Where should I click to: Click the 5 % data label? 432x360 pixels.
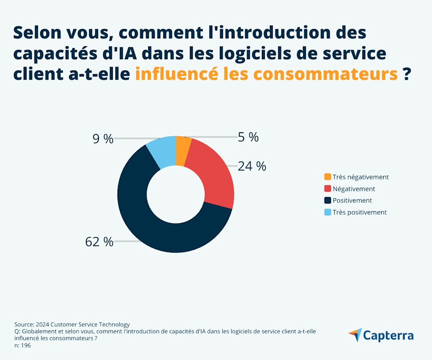(248, 137)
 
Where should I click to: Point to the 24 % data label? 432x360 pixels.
(252, 166)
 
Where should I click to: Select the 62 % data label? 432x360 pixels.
(99, 242)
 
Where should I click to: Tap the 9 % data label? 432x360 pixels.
(103, 139)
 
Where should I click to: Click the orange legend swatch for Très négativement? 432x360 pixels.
(327, 177)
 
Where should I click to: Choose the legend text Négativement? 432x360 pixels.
(354, 189)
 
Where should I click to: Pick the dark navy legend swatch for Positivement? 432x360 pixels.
(327, 201)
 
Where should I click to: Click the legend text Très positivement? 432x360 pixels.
(359, 212)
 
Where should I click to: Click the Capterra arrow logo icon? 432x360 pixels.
(355, 335)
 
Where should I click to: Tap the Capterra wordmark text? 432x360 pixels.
(388, 335)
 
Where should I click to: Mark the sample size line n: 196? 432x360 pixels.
(22, 345)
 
